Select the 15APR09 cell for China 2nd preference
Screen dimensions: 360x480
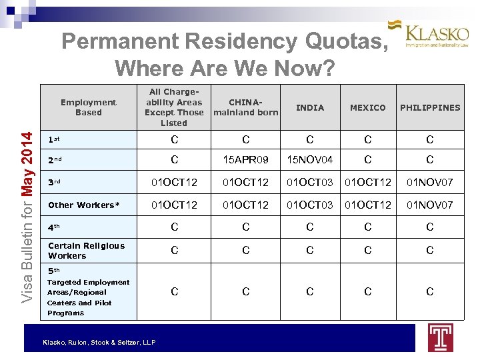coord(245,160)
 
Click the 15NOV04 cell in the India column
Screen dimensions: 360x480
coord(309,160)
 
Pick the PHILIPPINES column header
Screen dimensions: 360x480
coord(430,107)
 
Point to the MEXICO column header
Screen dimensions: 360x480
coord(368,107)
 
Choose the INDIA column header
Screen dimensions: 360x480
coord(309,107)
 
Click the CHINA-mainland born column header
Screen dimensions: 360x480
coord(245,107)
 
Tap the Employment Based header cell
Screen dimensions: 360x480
coord(88,107)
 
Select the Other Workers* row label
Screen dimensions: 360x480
coord(84,205)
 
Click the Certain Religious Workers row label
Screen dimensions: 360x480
coord(86,251)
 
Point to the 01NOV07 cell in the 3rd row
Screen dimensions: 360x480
coord(430,183)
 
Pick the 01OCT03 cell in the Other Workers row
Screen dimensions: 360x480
coord(309,205)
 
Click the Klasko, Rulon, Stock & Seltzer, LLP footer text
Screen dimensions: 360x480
coord(99,342)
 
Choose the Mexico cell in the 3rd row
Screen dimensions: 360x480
coord(368,183)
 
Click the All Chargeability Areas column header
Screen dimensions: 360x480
coord(174,107)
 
